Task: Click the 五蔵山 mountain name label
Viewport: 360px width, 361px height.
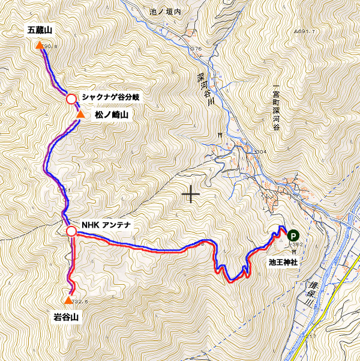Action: point(40,29)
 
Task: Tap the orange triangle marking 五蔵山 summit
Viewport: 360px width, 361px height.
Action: point(40,46)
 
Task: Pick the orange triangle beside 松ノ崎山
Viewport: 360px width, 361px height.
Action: point(80,114)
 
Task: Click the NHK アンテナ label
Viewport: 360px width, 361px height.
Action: point(107,225)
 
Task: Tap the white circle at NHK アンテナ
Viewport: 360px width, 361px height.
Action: point(71,231)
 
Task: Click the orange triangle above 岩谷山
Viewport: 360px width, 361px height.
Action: point(68,300)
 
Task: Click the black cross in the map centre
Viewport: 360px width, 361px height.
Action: point(191,195)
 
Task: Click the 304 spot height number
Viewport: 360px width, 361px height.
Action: point(260,152)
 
